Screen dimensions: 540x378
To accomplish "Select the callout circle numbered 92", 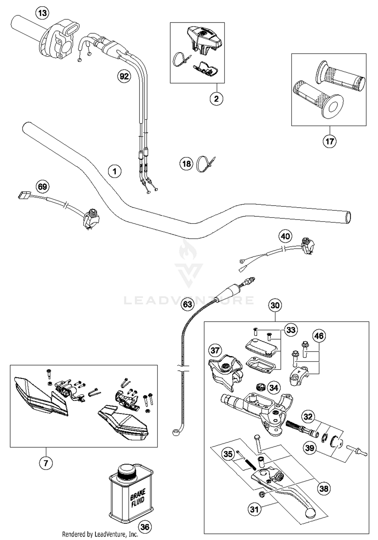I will click(x=124, y=76).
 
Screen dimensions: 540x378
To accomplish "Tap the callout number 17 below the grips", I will click(x=329, y=141).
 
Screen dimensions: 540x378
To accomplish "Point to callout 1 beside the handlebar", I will click(x=115, y=171).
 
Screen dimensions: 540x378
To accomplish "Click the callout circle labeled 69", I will click(x=42, y=187).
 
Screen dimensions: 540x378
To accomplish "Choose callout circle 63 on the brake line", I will click(x=187, y=304).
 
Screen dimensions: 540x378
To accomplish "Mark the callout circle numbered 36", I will click(x=145, y=527).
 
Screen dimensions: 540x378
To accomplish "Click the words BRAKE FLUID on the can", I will click(x=138, y=497).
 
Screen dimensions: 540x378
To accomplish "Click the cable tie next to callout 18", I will click(x=205, y=164).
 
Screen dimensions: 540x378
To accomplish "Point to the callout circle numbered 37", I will click(x=215, y=350).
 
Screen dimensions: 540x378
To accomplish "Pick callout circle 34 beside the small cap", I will click(x=274, y=387).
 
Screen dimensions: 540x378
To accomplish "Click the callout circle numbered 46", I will click(x=319, y=336).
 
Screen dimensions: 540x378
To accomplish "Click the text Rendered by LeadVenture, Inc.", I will click(x=100, y=534).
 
